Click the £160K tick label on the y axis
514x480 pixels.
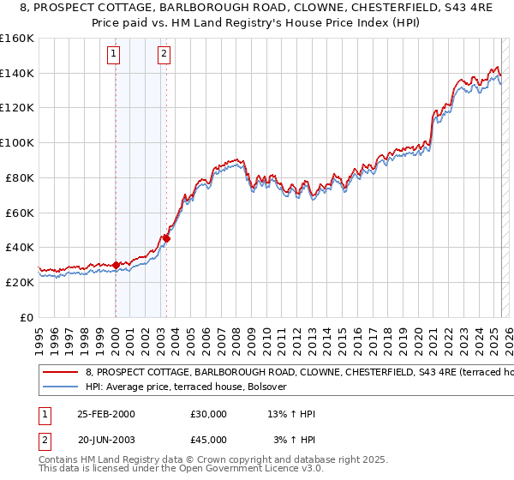point(17,39)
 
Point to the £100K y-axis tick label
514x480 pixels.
point(17,143)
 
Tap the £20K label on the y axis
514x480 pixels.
point(21,282)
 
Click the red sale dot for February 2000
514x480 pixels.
point(116,265)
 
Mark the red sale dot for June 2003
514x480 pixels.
point(166,238)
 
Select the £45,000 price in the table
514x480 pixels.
point(209,440)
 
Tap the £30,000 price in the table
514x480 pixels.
point(209,414)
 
